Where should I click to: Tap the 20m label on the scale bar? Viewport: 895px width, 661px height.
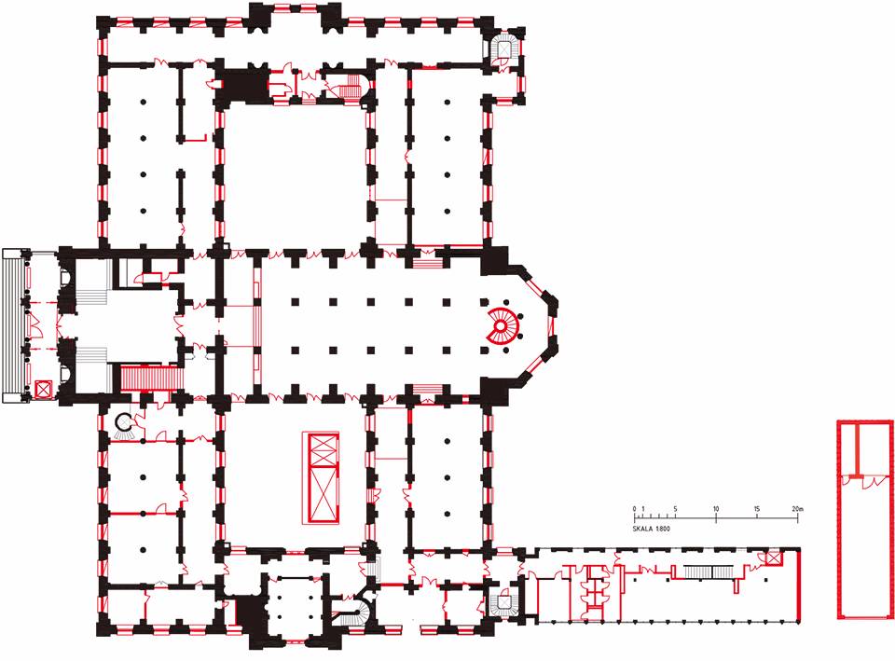pyautogui.click(x=797, y=508)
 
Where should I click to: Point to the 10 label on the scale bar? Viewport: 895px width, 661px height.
pyautogui.click(x=716, y=508)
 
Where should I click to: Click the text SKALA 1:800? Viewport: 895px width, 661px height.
pyautogui.click(x=652, y=529)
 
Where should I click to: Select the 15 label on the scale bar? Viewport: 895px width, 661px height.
pyautogui.click(x=757, y=508)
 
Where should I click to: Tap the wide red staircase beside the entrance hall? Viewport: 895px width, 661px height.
pyautogui.click(x=151, y=379)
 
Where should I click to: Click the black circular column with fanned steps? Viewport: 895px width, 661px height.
pyautogui.click(x=124, y=426)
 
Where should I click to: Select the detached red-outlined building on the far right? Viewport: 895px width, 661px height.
pyautogui.click(x=865, y=519)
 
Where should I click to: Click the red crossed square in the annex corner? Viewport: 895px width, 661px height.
pyautogui.click(x=773, y=558)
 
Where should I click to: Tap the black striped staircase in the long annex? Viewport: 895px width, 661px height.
pyautogui.click(x=709, y=571)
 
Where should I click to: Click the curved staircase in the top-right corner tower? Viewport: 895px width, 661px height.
pyautogui.click(x=505, y=48)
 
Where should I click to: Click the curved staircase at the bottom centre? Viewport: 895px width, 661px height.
pyautogui.click(x=352, y=612)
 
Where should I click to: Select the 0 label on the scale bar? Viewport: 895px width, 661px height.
pyautogui.click(x=634, y=508)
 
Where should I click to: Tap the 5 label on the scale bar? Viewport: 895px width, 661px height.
pyautogui.click(x=675, y=508)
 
